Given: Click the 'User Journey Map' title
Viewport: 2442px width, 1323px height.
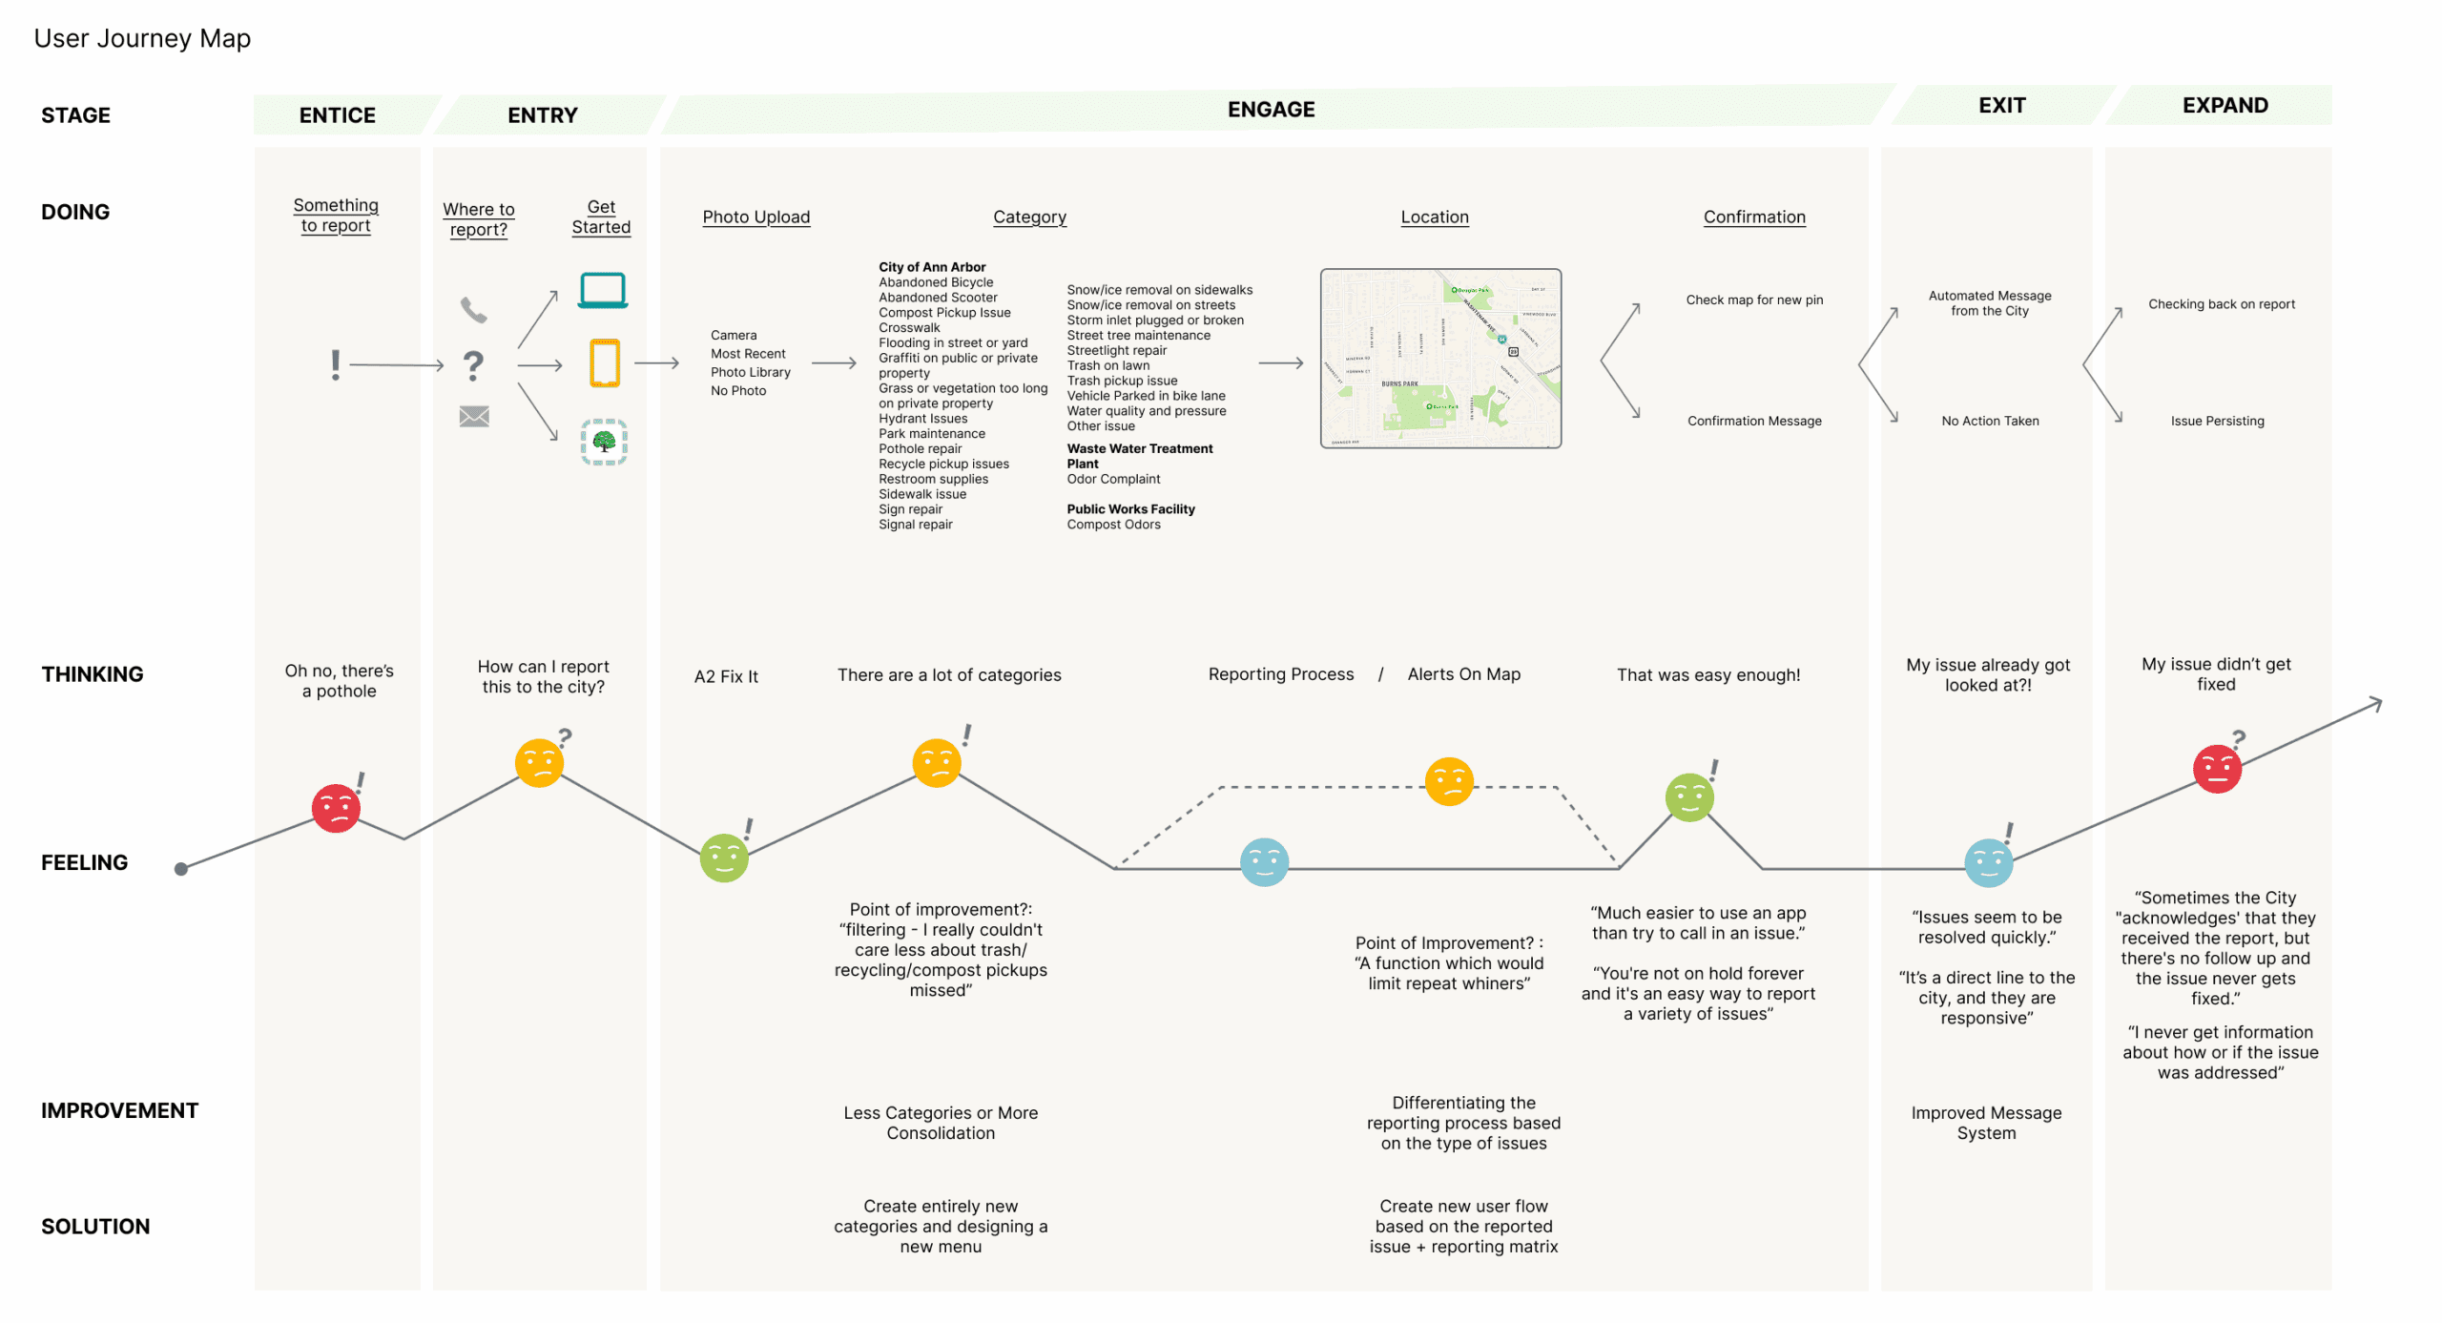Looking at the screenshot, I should click(x=142, y=38).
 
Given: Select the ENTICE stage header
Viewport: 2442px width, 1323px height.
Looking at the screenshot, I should click(x=337, y=115).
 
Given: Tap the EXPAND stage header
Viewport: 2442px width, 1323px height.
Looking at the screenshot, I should click(x=2224, y=105).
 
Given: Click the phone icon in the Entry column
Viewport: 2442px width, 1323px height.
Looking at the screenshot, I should click(x=473, y=310).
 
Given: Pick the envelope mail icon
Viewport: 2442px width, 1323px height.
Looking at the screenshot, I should click(x=474, y=416).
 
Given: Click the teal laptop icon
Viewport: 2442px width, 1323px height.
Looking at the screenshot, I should click(x=603, y=290).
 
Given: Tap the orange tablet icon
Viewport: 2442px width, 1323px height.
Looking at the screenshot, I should click(x=604, y=363).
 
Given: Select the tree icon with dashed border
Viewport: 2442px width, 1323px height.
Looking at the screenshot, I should click(x=604, y=442).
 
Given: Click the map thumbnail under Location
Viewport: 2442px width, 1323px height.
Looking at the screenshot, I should click(x=1439, y=359).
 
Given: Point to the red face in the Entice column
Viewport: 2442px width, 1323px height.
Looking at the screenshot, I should click(x=336, y=809).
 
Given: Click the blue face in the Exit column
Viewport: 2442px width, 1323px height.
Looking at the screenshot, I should click(x=1988, y=863).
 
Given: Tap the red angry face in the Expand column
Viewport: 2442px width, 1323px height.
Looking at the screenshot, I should click(x=2216, y=769).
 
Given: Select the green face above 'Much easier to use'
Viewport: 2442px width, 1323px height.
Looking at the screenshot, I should click(x=1688, y=797).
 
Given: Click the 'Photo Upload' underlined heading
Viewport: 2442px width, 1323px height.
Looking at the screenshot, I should click(x=755, y=217).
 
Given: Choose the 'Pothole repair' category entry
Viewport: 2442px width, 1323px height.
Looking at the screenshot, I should click(x=920, y=448).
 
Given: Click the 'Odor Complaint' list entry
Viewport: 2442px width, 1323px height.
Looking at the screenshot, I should click(x=1113, y=479).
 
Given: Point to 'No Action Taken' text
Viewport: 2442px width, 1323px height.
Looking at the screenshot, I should click(x=1990, y=421).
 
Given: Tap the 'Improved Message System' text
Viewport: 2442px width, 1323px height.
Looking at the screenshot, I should click(x=1986, y=1123).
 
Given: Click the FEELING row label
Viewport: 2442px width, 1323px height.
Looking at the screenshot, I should click(x=84, y=862).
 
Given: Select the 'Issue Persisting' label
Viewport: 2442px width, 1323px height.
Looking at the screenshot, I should click(x=2217, y=421).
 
